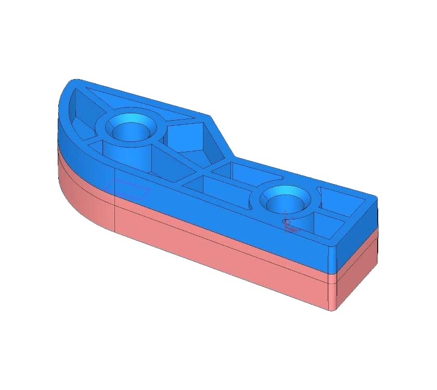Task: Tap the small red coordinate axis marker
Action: click(x=289, y=225)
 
